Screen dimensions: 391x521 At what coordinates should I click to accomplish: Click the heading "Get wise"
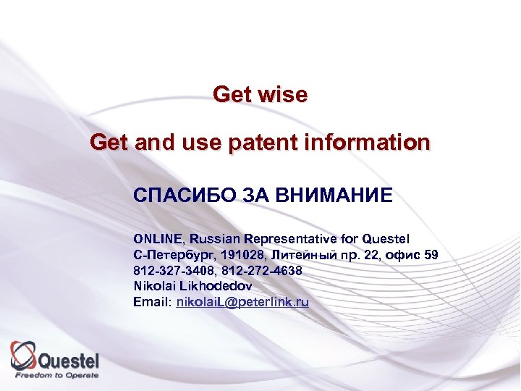click(260, 95)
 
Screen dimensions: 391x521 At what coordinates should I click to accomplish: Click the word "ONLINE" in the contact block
click(159, 239)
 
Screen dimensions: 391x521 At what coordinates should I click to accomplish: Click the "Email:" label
click(152, 303)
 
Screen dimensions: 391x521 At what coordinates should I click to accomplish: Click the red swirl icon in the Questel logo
click(24, 355)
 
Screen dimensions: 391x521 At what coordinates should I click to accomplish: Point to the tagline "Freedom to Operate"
click(57, 376)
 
